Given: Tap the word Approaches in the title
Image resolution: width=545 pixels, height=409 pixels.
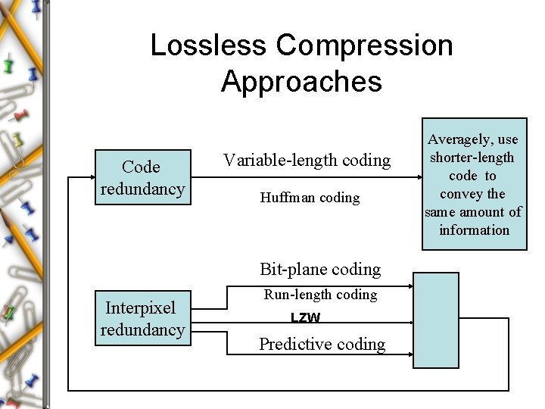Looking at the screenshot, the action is [301, 81].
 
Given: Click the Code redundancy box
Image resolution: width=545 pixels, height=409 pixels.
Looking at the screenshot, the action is [142, 178].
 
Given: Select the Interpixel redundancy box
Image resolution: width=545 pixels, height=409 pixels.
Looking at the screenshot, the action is [142, 319].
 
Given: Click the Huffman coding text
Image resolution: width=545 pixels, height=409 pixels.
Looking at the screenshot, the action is [310, 198].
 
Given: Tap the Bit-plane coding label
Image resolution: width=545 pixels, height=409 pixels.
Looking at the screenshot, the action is [319, 269].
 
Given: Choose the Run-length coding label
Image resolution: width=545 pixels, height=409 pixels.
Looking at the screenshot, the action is [319, 295].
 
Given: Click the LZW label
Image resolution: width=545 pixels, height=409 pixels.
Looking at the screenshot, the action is [306, 319].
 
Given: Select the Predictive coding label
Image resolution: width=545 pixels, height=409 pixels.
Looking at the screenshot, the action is [322, 345].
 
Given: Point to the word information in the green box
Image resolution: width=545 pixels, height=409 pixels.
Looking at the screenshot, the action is [474, 229].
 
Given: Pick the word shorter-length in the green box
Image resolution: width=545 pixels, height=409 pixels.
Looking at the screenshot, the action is [472, 157].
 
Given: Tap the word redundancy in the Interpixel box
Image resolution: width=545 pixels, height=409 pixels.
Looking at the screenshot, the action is [142, 329].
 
